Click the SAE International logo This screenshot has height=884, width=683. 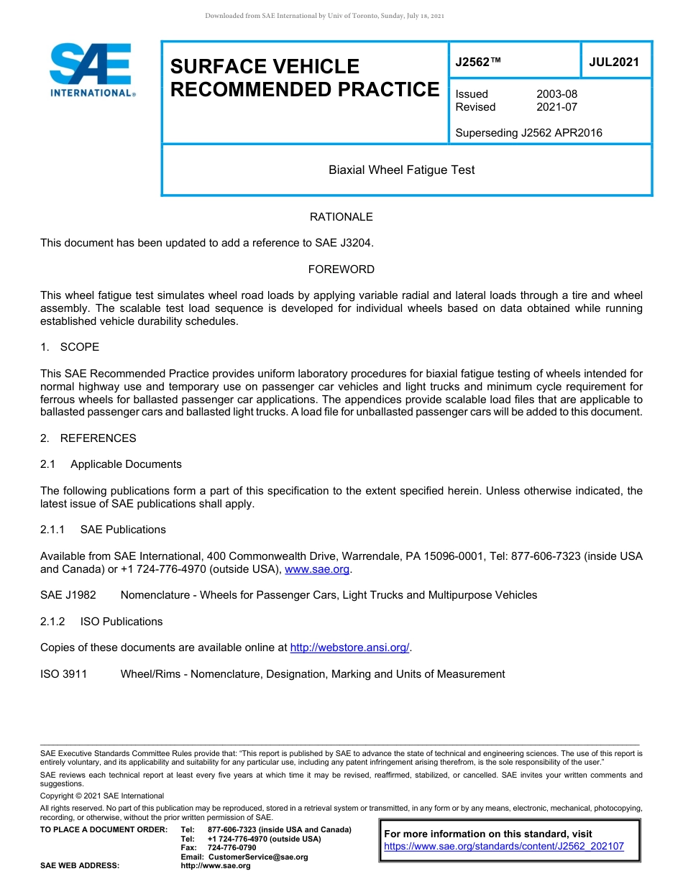click(92, 70)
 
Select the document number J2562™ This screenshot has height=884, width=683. click(478, 62)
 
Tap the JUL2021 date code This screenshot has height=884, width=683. click(614, 62)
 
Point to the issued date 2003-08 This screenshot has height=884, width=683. click(556, 94)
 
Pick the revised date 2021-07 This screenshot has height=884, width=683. click(556, 107)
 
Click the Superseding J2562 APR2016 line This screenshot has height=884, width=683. click(528, 132)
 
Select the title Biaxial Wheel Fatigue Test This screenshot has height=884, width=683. click(401, 170)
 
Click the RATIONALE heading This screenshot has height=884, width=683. click(341, 217)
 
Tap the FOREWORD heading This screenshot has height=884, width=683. click(341, 270)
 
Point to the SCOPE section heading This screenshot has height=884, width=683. click(79, 347)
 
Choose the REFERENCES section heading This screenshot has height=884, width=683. click(98, 438)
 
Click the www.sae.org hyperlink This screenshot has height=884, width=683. click(318, 570)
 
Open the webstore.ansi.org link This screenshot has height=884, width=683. click(349, 648)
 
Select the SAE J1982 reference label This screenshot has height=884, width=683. click(68, 595)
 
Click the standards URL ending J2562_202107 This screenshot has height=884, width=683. click(504, 847)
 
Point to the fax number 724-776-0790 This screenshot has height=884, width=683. click(232, 847)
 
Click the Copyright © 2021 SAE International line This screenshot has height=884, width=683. click(102, 796)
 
